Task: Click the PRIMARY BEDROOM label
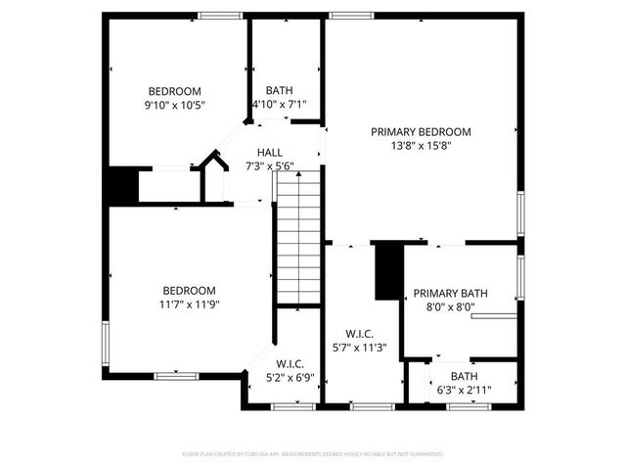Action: coord(421,131)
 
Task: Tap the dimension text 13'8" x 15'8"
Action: coord(421,145)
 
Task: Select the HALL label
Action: coord(270,153)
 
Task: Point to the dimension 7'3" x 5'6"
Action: coord(270,166)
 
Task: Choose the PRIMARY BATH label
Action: coord(450,293)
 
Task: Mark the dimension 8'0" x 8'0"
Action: coord(450,306)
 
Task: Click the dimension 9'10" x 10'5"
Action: coord(175,104)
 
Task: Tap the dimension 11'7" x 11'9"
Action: coord(190,304)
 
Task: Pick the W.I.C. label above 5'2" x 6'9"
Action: coord(291,363)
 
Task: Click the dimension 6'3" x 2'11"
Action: coord(465,390)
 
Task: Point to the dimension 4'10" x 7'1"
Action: coord(280,104)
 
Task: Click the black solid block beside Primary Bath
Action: coord(388,271)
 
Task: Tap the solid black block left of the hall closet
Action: coord(122,186)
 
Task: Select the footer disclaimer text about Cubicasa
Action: coord(313,454)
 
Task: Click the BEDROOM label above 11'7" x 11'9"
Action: coord(189,290)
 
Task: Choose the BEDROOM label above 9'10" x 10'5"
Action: coord(175,90)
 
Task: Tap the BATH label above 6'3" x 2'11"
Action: coord(465,376)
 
